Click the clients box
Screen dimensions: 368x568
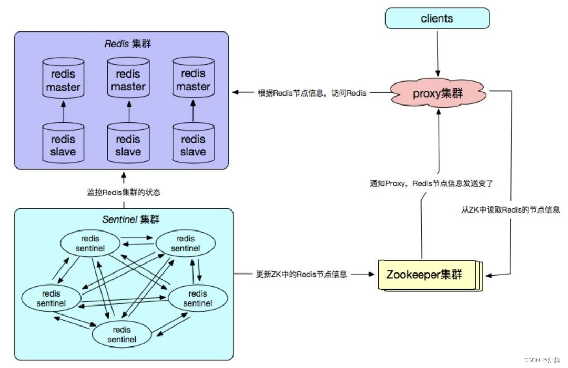pyautogui.click(x=437, y=18)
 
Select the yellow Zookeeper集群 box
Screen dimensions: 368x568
pyautogui.click(x=425, y=274)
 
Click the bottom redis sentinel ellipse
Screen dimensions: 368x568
pyautogui.click(x=122, y=334)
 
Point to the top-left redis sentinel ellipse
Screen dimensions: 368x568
pyautogui.click(x=90, y=244)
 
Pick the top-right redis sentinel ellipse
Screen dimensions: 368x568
pyautogui.click(x=185, y=244)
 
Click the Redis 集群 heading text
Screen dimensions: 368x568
pyautogui.click(x=127, y=44)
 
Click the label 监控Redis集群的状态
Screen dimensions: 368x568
pyautogui.click(x=124, y=192)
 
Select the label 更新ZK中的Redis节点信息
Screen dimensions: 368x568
pyautogui.click(x=301, y=274)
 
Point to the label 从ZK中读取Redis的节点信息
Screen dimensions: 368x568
pyautogui.click(x=510, y=209)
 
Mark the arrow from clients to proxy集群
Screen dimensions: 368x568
pyautogui.click(x=437, y=52)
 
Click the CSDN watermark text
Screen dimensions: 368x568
pyautogui.click(x=542, y=360)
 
